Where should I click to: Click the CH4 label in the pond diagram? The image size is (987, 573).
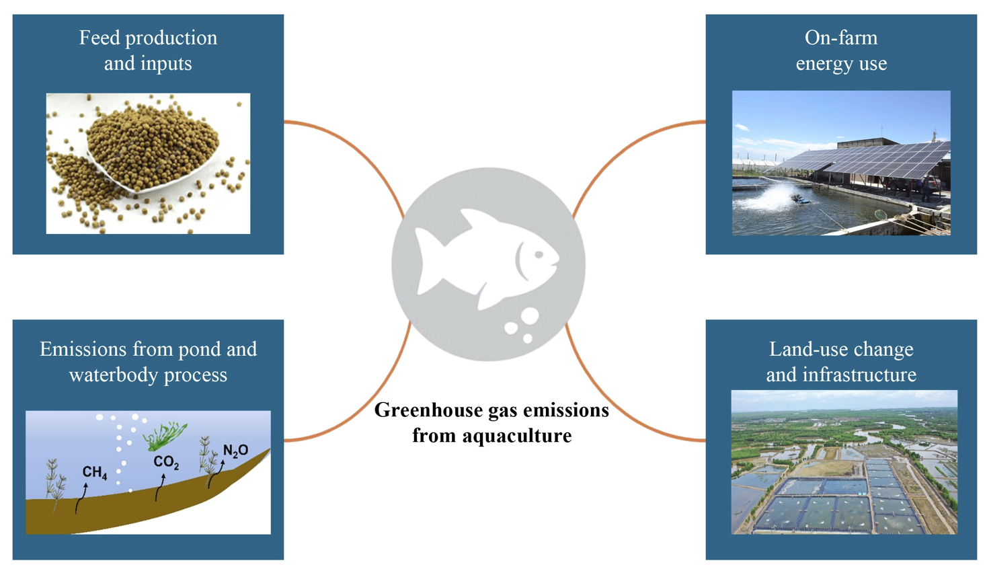tap(95, 473)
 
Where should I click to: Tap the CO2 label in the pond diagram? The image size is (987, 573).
tap(166, 462)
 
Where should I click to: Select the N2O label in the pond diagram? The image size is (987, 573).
tap(236, 451)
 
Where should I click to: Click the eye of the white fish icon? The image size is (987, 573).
tap(539, 255)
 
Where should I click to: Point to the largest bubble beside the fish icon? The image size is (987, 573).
tap(530, 316)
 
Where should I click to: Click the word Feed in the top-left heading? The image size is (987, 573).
tap(100, 38)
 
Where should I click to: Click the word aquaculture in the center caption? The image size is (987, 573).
tap(517, 436)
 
